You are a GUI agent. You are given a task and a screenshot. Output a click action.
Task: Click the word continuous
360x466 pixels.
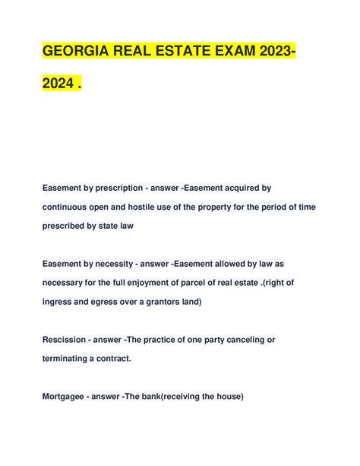click(69, 206)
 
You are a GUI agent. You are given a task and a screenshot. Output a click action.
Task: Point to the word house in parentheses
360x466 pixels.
click(226, 395)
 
